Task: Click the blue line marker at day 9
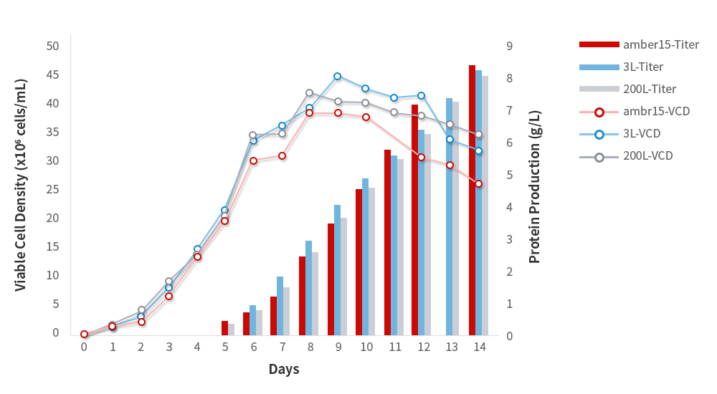click(x=338, y=76)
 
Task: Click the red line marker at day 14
click(x=478, y=184)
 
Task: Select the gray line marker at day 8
click(x=310, y=93)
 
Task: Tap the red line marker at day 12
click(x=422, y=158)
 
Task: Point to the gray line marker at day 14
click(x=478, y=135)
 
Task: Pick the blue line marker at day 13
click(x=450, y=139)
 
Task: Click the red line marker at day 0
click(x=84, y=335)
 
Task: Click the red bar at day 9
click(x=331, y=279)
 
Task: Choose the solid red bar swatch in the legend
click(x=599, y=44)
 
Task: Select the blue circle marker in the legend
click(x=599, y=134)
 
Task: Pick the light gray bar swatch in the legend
click(x=599, y=89)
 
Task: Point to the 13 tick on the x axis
click(x=451, y=347)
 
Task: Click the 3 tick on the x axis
click(x=169, y=347)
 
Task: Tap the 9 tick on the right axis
click(x=509, y=46)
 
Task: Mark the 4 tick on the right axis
click(x=509, y=207)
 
